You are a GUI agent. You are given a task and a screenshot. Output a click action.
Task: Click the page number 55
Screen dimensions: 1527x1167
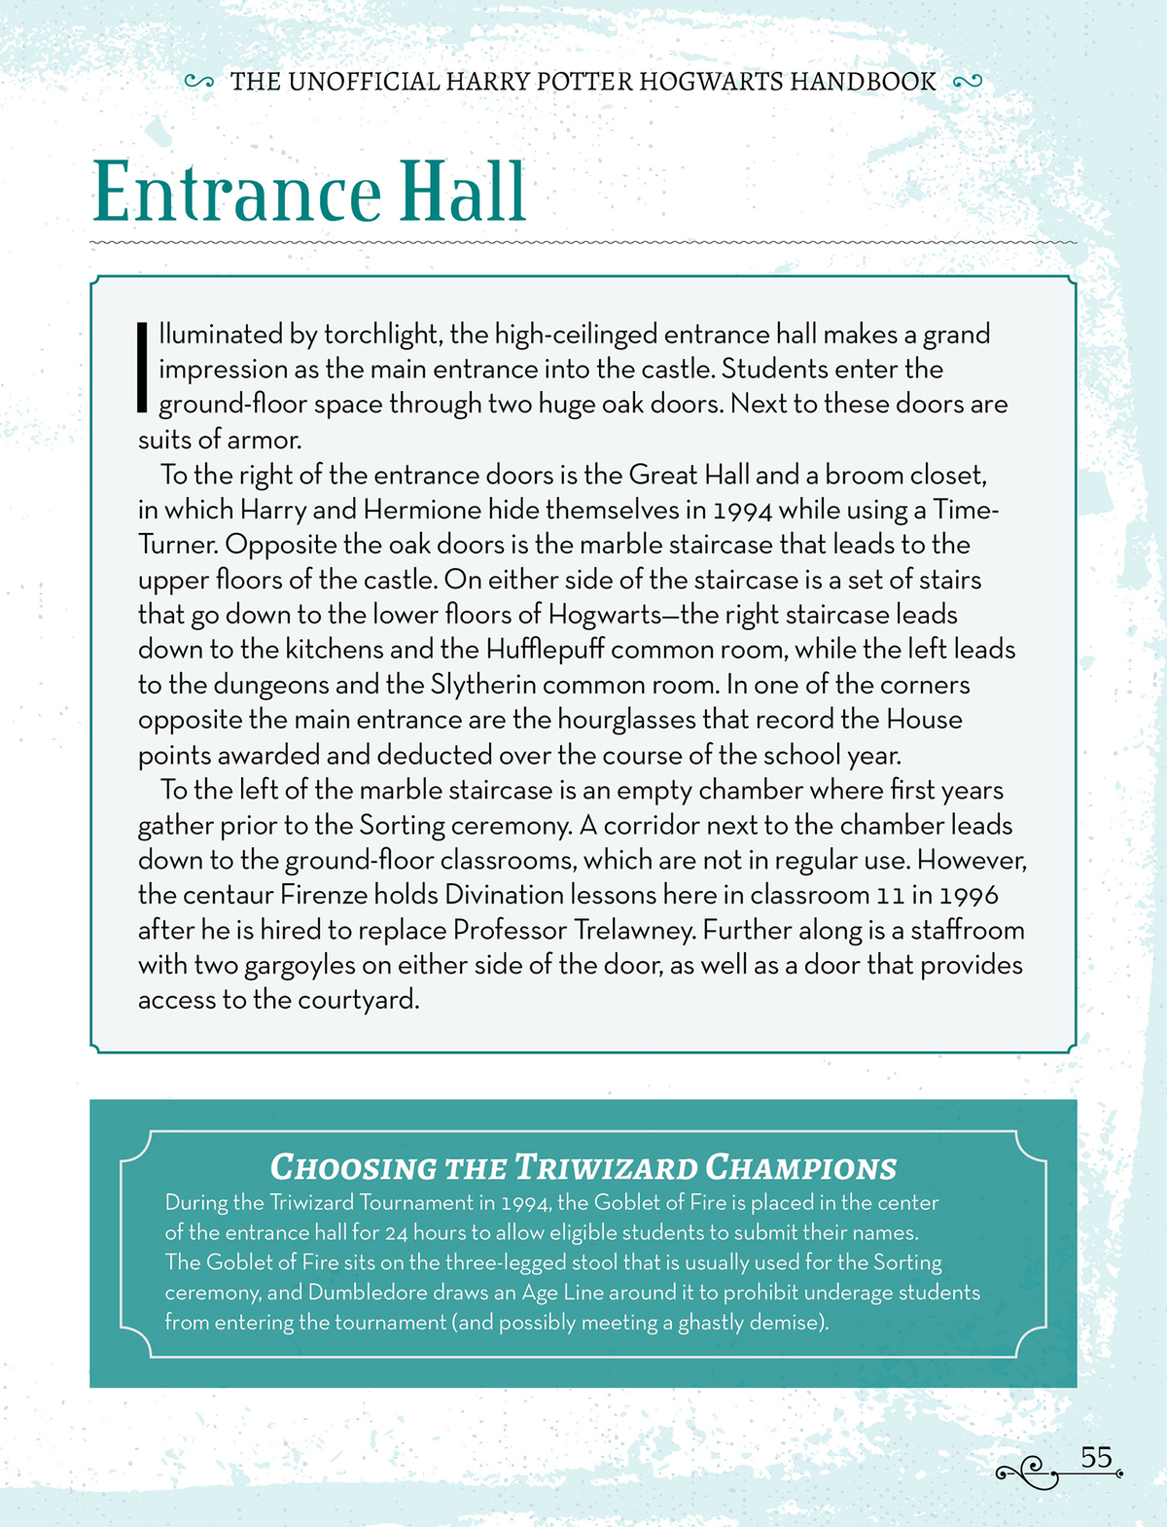pyautogui.click(x=1096, y=1458)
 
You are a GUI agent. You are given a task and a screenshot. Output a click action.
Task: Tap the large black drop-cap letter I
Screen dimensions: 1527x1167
pyautogui.click(x=142, y=367)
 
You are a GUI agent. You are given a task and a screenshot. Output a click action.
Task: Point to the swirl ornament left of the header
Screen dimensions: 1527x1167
pyautogui.click(x=198, y=82)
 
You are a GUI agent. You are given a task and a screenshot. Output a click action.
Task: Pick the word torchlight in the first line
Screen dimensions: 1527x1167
pyautogui.click(x=381, y=335)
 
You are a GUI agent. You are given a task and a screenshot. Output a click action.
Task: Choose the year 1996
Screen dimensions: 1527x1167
pyautogui.click(x=970, y=895)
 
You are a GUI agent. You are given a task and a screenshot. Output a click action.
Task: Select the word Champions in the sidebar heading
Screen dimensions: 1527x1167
pyautogui.click(x=800, y=1167)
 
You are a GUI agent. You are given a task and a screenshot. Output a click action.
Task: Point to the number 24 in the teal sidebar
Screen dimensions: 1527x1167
pyautogui.click(x=395, y=1233)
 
